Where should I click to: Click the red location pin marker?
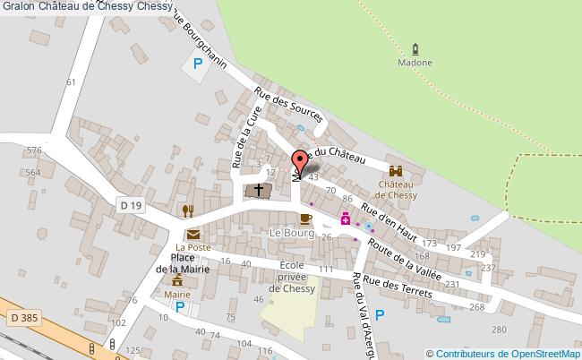tap(299, 160)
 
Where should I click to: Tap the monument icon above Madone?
tap(415, 49)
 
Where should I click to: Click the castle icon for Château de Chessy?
tap(395, 170)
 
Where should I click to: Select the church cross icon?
tap(259, 191)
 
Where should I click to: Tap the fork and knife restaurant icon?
tap(188, 210)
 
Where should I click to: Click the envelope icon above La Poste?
tap(193, 235)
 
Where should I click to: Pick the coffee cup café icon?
tap(304, 219)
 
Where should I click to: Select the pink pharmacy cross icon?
tap(344, 218)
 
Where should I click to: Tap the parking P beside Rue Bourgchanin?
tap(196, 64)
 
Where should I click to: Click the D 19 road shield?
tap(131, 206)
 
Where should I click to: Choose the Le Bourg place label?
tap(289, 233)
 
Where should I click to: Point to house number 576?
tap(34, 150)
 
